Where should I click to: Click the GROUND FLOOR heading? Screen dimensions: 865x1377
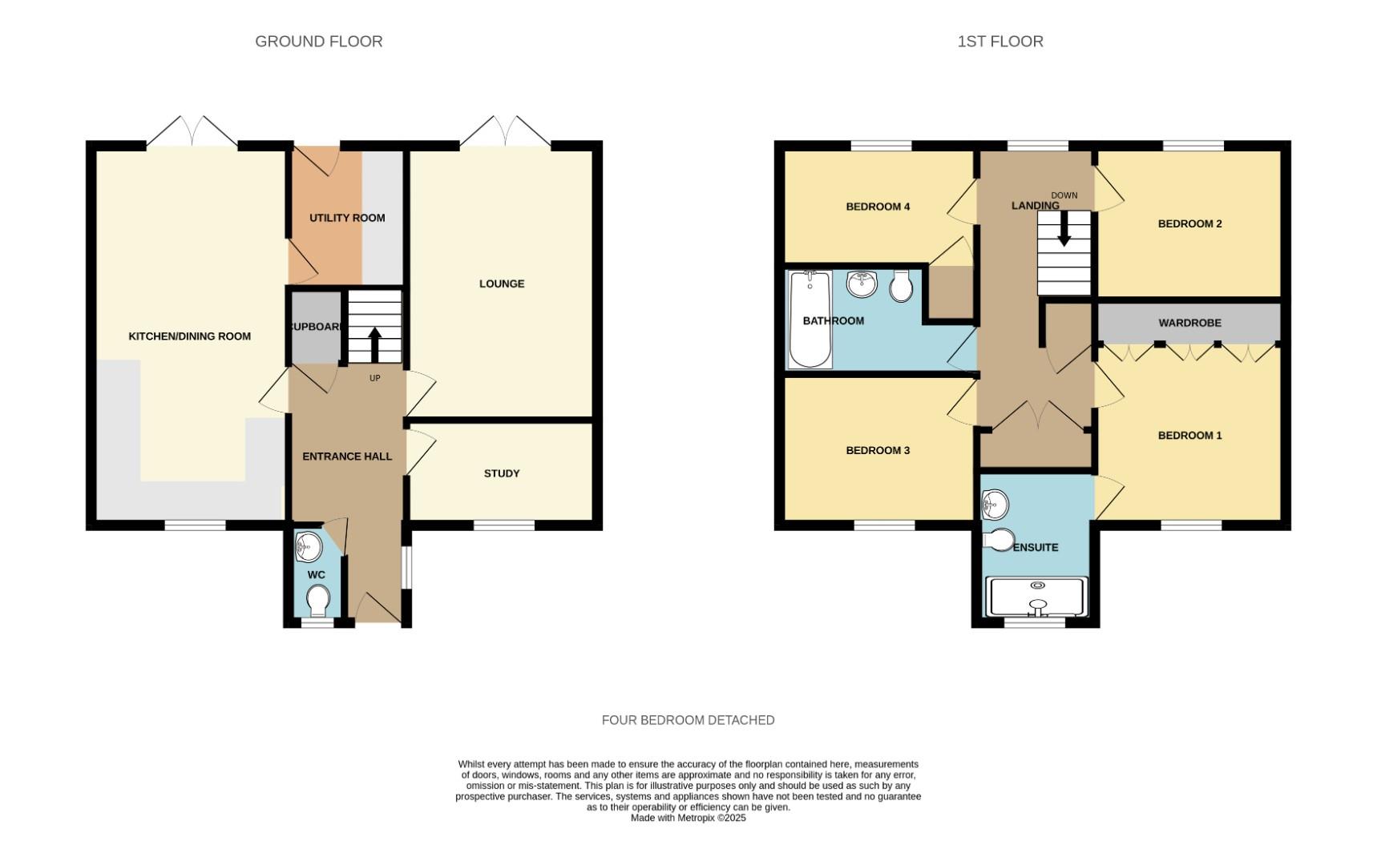(x=318, y=42)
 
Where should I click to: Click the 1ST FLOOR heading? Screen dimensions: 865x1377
(x=999, y=42)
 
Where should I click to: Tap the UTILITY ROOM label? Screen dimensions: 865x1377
(x=347, y=218)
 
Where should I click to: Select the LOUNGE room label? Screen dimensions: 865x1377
(x=502, y=284)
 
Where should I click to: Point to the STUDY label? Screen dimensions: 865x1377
(x=502, y=473)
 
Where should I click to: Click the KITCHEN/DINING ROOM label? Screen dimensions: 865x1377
(x=190, y=336)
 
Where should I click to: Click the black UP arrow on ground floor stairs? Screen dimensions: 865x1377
(x=374, y=345)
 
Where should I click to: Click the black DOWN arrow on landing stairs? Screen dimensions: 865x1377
(x=1064, y=231)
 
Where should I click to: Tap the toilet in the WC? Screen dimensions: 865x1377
(x=318, y=600)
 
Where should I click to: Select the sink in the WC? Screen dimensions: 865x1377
(x=309, y=547)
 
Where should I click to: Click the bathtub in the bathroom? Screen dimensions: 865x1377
(x=810, y=319)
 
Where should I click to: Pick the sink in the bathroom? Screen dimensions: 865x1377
(x=862, y=284)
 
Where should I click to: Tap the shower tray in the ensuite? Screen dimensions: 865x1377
(x=1036, y=597)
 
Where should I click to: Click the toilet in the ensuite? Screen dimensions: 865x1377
(x=999, y=541)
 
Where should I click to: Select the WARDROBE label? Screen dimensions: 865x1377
(x=1189, y=323)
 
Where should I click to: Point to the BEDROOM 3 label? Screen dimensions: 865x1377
(x=878, y=450)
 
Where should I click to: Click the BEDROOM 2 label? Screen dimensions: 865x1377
(x=1189, y=223)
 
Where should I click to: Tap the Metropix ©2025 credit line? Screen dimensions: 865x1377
(x=688, y=818)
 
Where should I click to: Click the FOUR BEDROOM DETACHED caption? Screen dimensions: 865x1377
(x=688, y=720)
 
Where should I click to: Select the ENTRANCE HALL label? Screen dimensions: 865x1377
(x=347, y=457)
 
